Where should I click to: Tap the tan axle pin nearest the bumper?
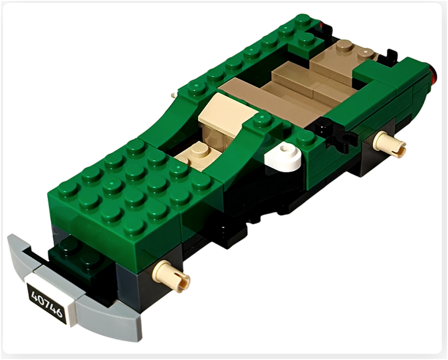171,274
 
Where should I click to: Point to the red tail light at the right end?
434,73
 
